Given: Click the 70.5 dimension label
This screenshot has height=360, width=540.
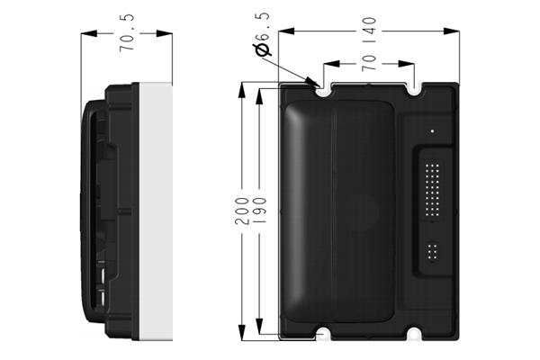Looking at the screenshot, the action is pos(127,33).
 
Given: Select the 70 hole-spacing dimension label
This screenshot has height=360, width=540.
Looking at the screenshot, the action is pos(369,63).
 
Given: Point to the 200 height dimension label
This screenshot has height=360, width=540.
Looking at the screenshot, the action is pos(242,211).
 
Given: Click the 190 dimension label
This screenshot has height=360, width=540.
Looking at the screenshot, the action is pos(259,211).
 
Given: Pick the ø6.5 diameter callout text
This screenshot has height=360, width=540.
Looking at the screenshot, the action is pos(262,34).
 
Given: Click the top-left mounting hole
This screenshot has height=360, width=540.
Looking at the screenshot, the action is pos(323,92).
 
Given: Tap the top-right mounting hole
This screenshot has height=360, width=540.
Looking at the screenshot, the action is pos(414,91).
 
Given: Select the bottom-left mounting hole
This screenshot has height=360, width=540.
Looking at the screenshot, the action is pos(323,334).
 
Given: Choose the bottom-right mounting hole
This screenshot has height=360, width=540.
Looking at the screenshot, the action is pos(414,334).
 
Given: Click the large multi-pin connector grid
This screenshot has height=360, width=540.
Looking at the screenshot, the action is pos(432,190).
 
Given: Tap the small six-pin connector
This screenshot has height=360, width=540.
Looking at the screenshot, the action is pos(432,251).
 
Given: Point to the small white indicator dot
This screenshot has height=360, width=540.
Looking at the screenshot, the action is pos(432,130).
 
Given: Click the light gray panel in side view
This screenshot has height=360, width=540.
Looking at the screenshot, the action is pos(156,211).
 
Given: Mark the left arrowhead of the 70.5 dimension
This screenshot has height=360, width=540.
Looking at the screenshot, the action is pos(89,33).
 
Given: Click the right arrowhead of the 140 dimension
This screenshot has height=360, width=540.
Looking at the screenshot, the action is pos(451,31).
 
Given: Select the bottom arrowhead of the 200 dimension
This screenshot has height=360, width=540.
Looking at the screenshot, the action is pos(242,332).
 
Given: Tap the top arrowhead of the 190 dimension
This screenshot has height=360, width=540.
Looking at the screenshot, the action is pos(259,97).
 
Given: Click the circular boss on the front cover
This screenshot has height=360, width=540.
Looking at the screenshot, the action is pos(359,211).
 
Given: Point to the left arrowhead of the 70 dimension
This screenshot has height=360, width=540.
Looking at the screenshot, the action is pos(331,64).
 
